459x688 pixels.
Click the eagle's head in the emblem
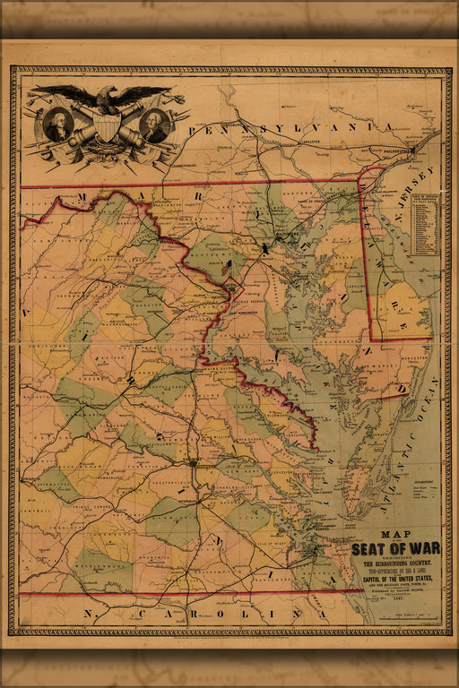coord(108,92)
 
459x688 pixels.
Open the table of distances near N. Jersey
coord(426,224)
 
